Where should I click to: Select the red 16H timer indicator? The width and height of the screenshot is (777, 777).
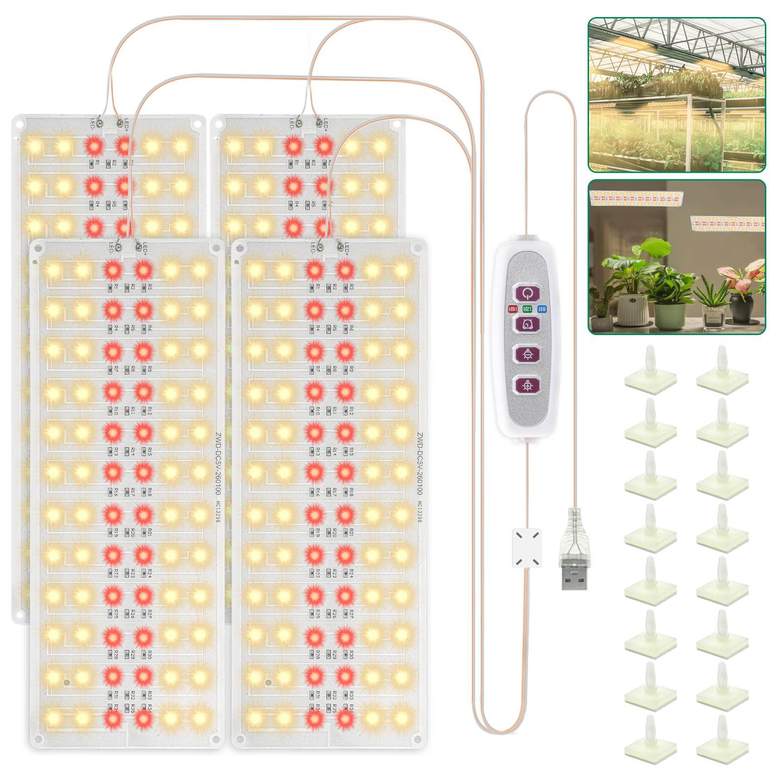[x=513, y=309]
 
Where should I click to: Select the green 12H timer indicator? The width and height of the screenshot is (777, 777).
[x=527, y=309]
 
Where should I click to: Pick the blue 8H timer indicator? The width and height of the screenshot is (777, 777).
[x=542, y=309]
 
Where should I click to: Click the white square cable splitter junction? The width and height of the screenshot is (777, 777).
[x=527, y=548]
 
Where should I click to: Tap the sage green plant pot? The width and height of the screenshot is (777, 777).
[x=670, y=316]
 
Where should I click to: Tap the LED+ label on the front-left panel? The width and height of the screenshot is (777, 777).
[x=145, y=248]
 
